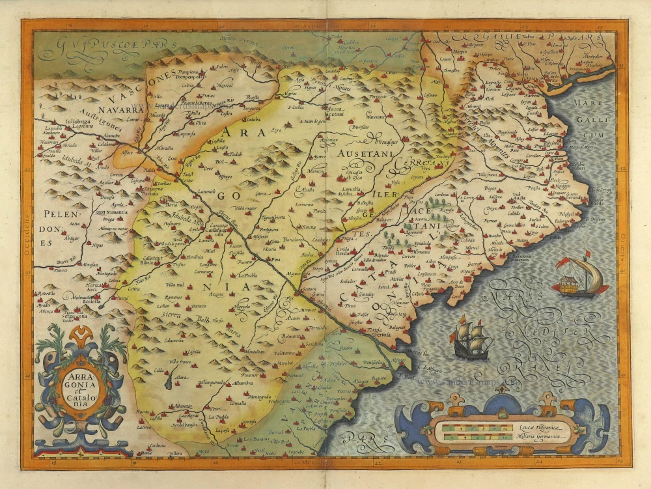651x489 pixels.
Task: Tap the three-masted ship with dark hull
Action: click(472, 338)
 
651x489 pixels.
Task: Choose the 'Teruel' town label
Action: click(214, 410)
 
